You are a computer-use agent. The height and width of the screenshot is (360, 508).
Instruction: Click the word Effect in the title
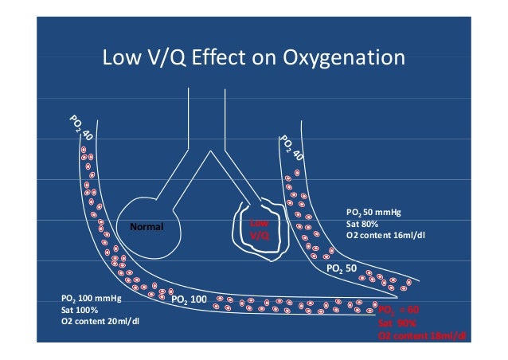[x=214, y=59]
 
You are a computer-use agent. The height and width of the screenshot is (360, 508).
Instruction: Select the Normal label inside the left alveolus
[x=146, y=227]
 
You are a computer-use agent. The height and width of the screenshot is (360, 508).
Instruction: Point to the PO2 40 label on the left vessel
[x=80, y=130]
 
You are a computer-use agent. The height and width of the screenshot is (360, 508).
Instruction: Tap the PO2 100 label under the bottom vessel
[x=190, y=299]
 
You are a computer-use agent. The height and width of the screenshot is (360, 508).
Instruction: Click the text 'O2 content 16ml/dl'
[x=381, y=236]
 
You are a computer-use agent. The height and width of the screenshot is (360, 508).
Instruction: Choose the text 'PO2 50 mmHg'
[x=372, y=213]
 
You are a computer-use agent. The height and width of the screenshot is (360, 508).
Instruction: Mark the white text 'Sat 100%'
[x=80, y=311]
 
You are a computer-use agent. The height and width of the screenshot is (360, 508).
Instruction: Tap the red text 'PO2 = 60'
[x=398, y=311]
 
